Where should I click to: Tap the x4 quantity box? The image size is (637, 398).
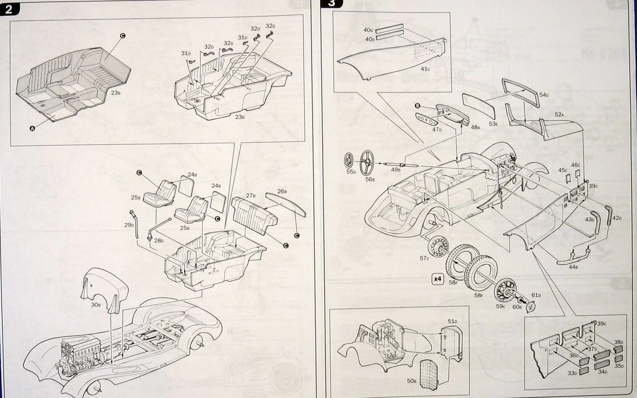437,278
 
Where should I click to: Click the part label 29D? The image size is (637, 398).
128,225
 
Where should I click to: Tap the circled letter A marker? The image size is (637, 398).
32,128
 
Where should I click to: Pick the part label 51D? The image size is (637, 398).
452,322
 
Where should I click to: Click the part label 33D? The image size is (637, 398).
572,373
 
